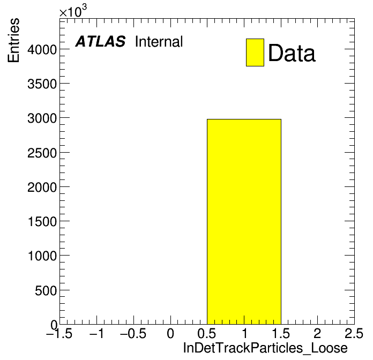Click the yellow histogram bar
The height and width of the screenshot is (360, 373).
pyautogui.click(x=244, y=222)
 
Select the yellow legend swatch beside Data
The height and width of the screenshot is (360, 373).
pyautogui.click(x=255, y=52)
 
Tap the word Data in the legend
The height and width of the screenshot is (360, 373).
pyautogui.click(x=292, y=53)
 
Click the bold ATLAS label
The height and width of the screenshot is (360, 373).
pyautogui.click(x=100, y=41)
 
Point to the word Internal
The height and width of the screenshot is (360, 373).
pyautogui.click(x=159, y=42)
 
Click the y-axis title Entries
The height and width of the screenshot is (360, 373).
pyautogui.click(x=13, y=40)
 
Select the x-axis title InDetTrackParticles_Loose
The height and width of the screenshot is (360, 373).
pyautogui.click(x=265, y=348)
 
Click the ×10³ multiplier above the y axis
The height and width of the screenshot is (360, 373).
pyautogui.click(x=73, y=11)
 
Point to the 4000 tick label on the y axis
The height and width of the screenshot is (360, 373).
pyautogui.click(x=42, y=50)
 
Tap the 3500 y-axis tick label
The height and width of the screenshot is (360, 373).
pyautogui.click(x=42, y=84)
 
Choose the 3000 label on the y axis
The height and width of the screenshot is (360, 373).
pyautogui.click(x=42, y=118)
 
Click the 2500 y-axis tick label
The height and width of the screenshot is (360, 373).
pyautogui.click(x=42, y=153)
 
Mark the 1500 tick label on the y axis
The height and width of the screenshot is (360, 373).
pyautogui.click(x=42, y=222)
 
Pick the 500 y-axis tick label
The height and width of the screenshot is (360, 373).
pyautogui.click(x=46, y=290)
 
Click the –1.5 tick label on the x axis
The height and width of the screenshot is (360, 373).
pyautogui.click(x=59, y=333)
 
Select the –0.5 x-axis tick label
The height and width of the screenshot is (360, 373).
pyautogui.click(x=133, y=333)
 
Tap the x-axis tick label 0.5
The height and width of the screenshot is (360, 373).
pyautogui.click(x=207, y=333)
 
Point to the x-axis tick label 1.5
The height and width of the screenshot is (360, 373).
pyautogui.click(x=281, y=333)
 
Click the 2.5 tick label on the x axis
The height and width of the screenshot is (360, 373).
pyautogui.click(x=354, y=333)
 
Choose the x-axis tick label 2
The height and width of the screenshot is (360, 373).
pyautogui.click(x=317, y=333)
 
